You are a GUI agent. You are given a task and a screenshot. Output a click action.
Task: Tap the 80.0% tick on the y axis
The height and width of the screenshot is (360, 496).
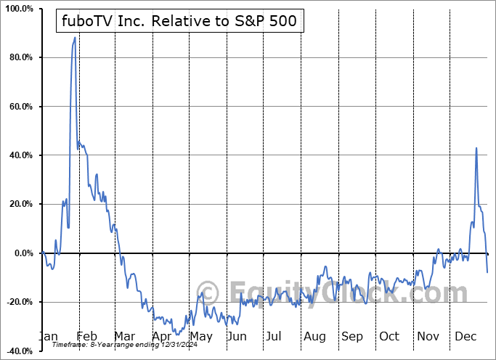click(x=20, y=57)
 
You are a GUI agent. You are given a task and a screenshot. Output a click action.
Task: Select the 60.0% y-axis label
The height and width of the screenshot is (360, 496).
click(x=20, y=107)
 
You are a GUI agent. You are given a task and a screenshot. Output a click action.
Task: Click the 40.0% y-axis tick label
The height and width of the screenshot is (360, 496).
click(x=20, y=155)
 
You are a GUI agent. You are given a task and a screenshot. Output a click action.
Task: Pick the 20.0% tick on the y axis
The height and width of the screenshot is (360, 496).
click(x=20, y=204)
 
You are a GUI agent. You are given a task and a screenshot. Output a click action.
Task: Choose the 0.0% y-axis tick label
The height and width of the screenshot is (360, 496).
click(x=22, y=253)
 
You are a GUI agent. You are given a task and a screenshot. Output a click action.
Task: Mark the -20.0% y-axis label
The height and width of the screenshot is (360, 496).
click(x=18, y=302)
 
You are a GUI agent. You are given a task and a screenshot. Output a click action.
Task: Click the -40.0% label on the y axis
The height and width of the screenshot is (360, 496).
click(x=18, y=351)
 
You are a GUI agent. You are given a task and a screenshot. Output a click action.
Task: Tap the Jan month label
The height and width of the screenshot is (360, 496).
click(x=48, y=336)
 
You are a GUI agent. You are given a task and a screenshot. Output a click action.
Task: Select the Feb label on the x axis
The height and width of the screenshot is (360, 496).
click(x=86, y=336)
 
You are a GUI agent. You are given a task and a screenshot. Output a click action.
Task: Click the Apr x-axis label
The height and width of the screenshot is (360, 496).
click(x=162, y=336)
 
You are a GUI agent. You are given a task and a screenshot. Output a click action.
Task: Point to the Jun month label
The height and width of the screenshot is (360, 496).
click(x=237, y=336)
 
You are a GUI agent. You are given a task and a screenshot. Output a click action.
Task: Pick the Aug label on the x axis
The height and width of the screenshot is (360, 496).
click(x=314, y=336)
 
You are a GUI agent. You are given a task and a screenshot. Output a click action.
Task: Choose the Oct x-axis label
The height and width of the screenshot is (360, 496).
click(x=389, y=336)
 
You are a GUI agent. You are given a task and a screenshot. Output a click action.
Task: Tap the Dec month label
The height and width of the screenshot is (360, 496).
click(x=466, y=336)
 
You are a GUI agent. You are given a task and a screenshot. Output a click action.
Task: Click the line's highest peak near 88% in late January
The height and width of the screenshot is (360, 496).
click(x=75, y=38)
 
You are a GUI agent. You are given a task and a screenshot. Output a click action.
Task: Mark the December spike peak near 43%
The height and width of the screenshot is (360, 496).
click(x=476, y=148)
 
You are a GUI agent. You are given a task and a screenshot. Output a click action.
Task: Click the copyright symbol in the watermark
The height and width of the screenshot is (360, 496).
click(x=208, y=293)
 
